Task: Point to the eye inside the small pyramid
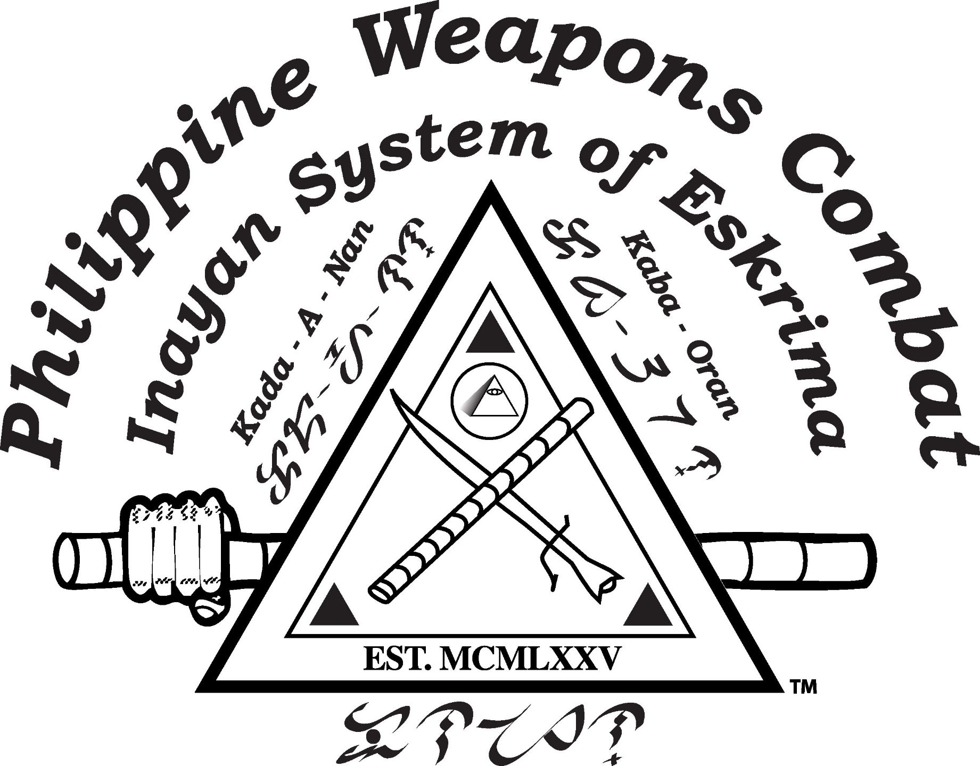point(495,392)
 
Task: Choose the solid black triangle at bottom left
point(333,606)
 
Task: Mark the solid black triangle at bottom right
point(647,606)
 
